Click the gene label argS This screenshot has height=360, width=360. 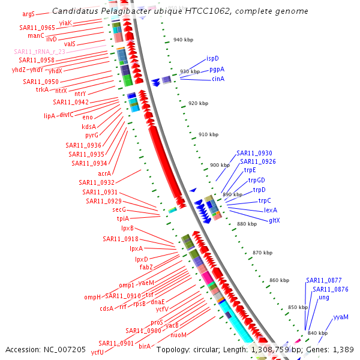pos(28,13)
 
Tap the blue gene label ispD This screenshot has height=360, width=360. pos(212,59)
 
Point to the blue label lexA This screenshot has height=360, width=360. pos(270,210)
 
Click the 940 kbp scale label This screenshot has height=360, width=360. pos(182,40)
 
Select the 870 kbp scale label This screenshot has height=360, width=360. pos(262,253)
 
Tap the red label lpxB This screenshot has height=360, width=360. pos(127,229)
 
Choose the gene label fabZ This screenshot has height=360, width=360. pos(146,267)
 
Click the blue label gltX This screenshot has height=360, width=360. pos(275,220)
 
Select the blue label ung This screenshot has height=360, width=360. pos(324,298)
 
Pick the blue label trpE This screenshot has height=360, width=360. pos(250,170)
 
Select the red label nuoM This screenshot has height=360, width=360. pos(179,335)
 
